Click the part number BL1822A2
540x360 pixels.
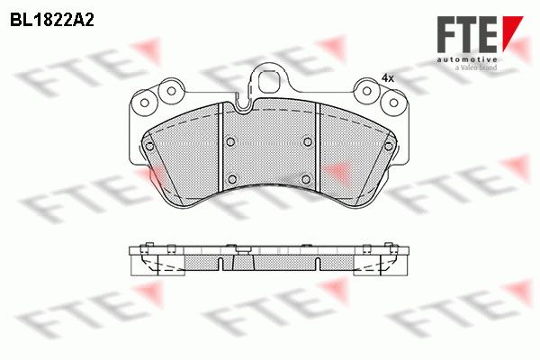(52, 21)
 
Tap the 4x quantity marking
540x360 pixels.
(388, 78)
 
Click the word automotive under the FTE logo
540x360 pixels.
(467, 60)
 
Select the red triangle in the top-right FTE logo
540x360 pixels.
(512, 31)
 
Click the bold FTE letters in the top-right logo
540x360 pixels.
(467, 34)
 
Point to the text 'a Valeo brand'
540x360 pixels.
(476, 67)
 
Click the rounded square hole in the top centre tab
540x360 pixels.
(269, 82)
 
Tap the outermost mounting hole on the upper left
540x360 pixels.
(145, 103)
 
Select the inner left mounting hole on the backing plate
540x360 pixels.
(171, 91)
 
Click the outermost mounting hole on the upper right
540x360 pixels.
(393, 103)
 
